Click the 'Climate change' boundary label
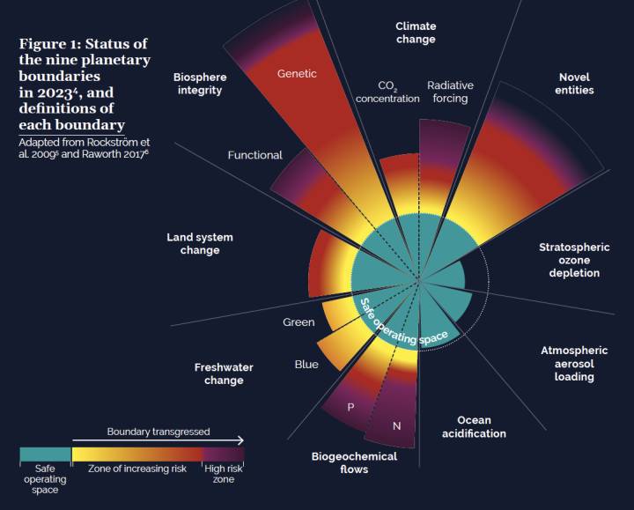tap(415, 33)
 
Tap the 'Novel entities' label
tap(575, 84)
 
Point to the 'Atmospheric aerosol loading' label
tap(573, 363)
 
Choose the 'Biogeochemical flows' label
tap(354, 462)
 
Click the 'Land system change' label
tap(200, 243)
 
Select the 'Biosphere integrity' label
tap(198, 84)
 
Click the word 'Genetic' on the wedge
tap(297, 73)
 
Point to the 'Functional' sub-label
tap(255, 155)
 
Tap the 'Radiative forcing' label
tap(450, 92)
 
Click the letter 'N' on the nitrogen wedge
tap(396, 426)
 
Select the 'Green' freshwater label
tap(299, 322)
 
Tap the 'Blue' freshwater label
tap(306, 364)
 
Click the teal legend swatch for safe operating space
tap(44, 455)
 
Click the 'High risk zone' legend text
tap(224, 474)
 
